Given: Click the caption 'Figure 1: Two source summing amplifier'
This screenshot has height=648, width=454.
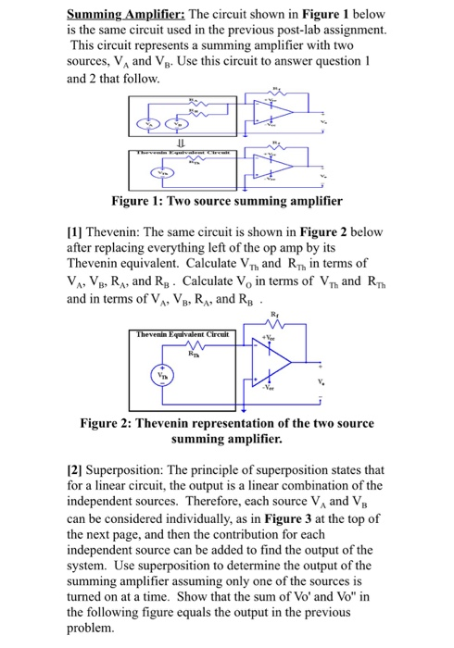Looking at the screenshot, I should tap(226, 201).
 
